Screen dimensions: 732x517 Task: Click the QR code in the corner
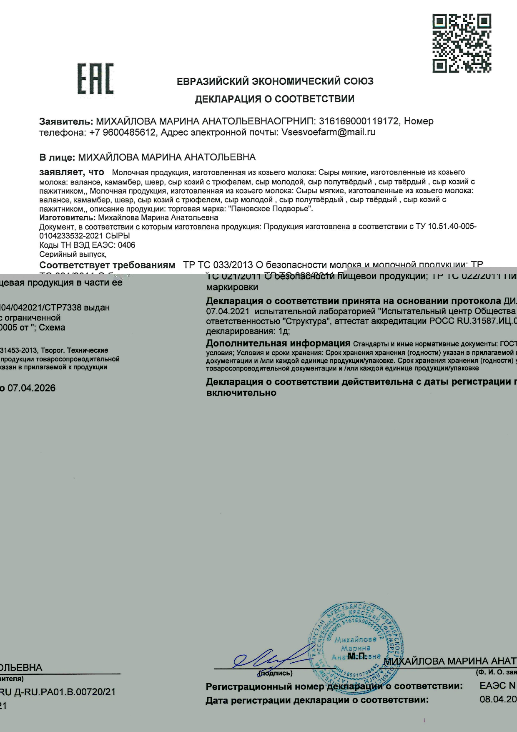[462, 43]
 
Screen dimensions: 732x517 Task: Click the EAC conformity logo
[95, 79]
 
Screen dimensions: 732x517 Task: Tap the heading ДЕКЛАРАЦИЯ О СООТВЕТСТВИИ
[275, 99]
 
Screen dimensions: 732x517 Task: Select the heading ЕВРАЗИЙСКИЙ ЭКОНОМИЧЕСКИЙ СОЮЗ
[275, 81]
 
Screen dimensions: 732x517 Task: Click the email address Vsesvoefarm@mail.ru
[329, 132]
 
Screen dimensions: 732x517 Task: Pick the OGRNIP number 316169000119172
[359, 121]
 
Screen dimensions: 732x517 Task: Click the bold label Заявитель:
[66, 121]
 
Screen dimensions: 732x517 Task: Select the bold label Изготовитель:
[68, 217]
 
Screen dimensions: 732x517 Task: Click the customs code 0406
[127, 245]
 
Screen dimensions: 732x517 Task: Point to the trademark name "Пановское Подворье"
[278, 209]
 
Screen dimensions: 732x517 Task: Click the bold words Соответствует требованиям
[107, 265]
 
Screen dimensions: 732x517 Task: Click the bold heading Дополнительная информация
[278, 343]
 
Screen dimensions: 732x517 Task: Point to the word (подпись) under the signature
[276, 673]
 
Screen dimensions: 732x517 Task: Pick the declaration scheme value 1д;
[284, 331]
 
